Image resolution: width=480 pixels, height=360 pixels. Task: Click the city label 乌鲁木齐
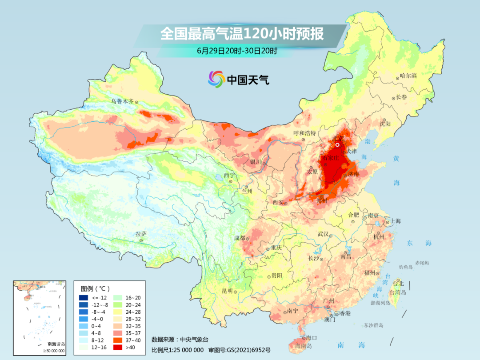[x=122, y=101]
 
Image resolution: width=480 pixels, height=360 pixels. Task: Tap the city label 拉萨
[x=141, y=234]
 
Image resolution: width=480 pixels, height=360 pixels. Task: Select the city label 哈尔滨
[x=408, y=76]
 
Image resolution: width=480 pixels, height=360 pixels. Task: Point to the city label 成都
[x=240, y=238]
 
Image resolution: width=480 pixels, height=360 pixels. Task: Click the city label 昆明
[x=227, y=291]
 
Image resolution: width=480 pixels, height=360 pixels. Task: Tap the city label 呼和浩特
[x=304, y=133]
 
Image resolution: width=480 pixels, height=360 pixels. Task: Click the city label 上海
[x=395, y=221]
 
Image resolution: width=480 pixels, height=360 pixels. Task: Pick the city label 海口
[x=312, y=338]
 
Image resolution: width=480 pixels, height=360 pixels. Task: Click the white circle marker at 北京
[x=337, y=144]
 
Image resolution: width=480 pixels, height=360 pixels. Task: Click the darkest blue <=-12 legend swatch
[x=83, y=298]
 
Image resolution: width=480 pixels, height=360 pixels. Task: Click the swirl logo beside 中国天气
[x=216, y=80]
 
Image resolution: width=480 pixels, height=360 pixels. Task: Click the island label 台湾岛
[x=398, y=292]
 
